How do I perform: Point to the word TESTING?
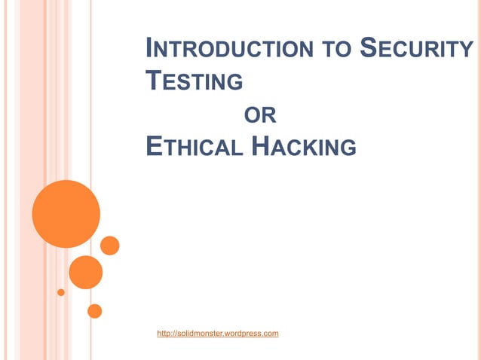click(194, 81)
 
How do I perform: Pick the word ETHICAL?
click(193, 146)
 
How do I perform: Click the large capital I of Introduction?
click(149, 49)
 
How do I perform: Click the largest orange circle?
click(66, 214)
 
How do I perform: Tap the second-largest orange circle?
click(85, 272)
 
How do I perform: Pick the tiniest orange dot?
click(61, 292)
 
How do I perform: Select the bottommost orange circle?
click(94, 310)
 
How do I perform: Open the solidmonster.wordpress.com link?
click(218, 333)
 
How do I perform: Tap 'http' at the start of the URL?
click(164, 333)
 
